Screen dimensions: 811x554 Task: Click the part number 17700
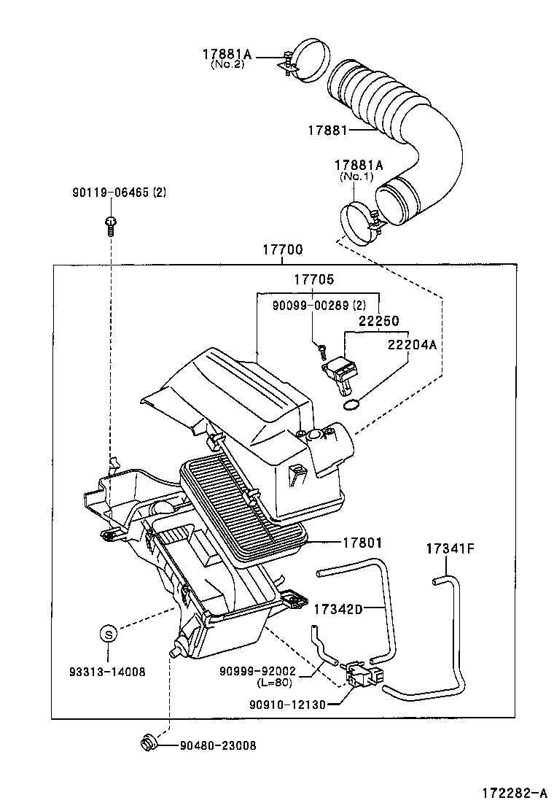click(283, 250)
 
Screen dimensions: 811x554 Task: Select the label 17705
click(314, 279)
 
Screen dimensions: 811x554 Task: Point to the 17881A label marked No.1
click(354, 166)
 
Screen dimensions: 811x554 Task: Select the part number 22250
click(378, 320)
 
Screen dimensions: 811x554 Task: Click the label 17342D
click(338, 608)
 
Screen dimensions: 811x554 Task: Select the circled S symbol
click(108, 635)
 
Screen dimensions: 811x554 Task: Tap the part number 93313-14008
click(109, 672)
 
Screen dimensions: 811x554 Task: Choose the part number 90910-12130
click(286, 704)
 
